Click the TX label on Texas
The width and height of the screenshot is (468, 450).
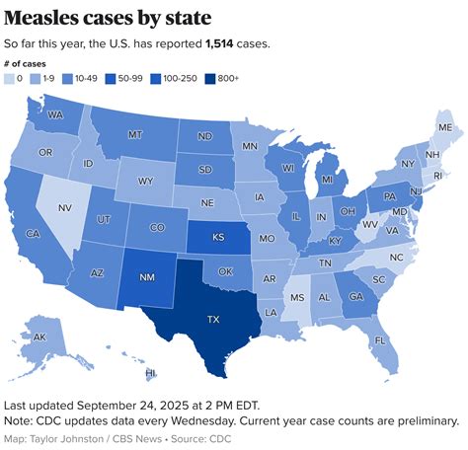[x=214, y=320]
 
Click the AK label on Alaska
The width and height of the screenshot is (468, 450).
[x=39, y=337]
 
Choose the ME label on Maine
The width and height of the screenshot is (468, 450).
[x=445, y=128]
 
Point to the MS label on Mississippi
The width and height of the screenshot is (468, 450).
[x=298, y=297]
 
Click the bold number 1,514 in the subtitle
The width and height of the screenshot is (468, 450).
[x=225, y=44]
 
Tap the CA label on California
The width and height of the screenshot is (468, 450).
[x=32, y=233]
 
